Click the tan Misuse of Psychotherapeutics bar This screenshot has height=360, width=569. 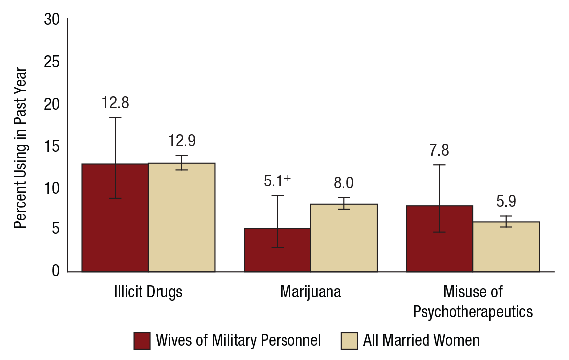pyautogui.click(x=506, y=246)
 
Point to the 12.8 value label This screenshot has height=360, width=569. pyautogui.click(x=115, y=103)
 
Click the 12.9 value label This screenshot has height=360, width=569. pyautogui.click(x=182, y=141)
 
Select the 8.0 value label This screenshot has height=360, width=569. pyautogui.click(x=344, y=183)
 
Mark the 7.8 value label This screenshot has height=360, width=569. pyautogui.click(x=439, y=150)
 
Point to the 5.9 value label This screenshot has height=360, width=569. pyautogui.click(x=506, y=201)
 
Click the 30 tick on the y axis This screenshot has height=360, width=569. pyautogui.click(x=52, y=20)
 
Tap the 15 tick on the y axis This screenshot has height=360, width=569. pyautogui.click(x=52, y=146)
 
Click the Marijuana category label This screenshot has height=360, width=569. pyautogui.click(x=311, y=292)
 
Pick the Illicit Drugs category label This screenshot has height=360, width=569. pyautogui.click(x=148, y=292)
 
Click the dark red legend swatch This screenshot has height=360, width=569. pyautogui.click(x=142, y=341)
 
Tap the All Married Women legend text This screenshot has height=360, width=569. pyautogui.click(x=421, y=341)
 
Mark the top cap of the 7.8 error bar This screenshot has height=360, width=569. pyautogui.click(x=439, y=165)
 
